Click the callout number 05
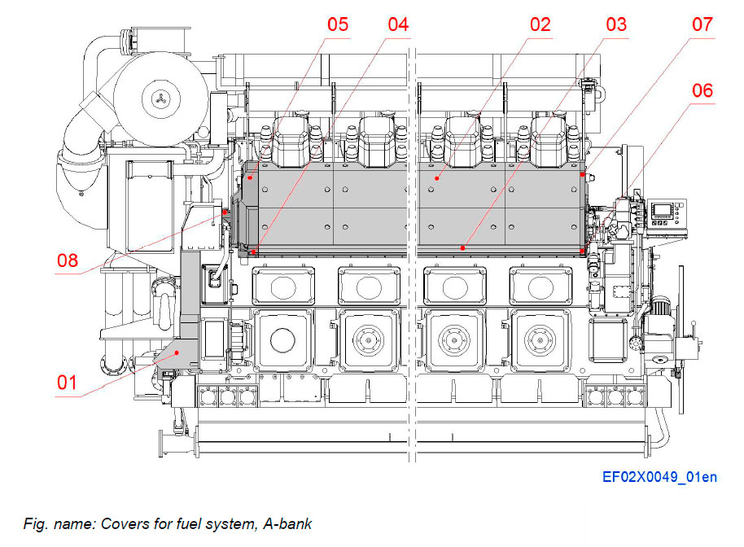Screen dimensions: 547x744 click(338, 24)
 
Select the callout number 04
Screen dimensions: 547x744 click(397, 24)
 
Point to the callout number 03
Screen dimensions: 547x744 click(615, 24)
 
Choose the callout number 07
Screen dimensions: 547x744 click(702, 24)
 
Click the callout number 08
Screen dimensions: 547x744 click(68, 261)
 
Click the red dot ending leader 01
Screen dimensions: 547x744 click(177, 352)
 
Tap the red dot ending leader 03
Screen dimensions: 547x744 click(462, 247)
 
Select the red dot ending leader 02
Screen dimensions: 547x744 click(438, 177)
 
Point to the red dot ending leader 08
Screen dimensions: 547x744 click(225, 212)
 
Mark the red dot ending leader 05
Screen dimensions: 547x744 click(251, 177)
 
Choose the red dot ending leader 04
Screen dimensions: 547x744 click(254, 252)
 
